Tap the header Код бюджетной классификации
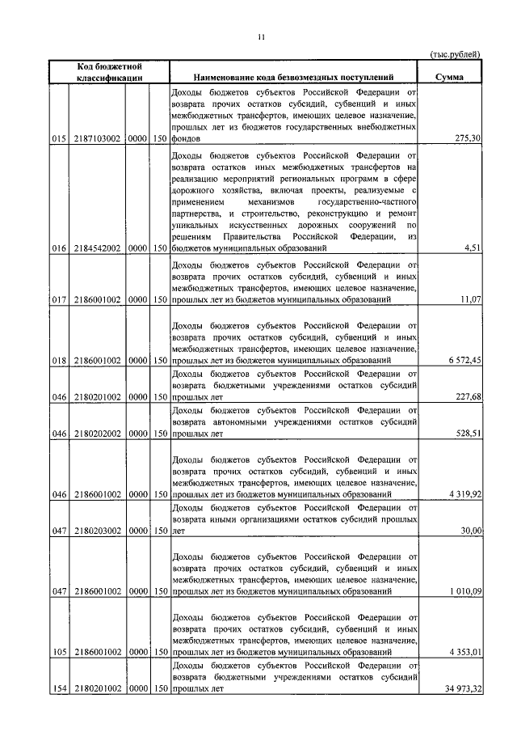[x=110, y=72]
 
